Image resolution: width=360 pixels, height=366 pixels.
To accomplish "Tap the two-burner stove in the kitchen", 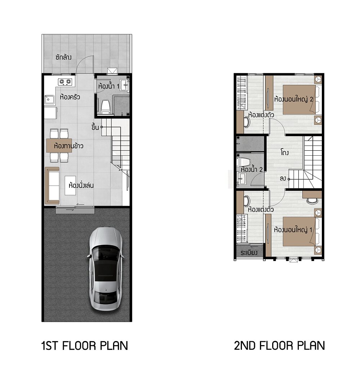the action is [65, 82].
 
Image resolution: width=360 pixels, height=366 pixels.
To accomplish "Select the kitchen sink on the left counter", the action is [49, 100].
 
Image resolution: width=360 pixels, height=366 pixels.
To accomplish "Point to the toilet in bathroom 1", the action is [105, 107].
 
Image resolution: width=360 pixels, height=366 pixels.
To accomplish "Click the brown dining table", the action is [59, 146].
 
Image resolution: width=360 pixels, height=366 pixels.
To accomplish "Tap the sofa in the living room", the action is [52, 186].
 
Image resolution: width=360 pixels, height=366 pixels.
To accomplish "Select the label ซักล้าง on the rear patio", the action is [63, 57].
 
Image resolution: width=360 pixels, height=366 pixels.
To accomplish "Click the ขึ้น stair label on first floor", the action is [95, 127].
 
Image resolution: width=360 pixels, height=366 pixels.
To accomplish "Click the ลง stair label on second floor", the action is [283, 179].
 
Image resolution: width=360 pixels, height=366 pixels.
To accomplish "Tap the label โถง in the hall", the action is [285, 152].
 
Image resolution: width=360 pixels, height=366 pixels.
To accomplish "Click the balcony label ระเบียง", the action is [249, 252].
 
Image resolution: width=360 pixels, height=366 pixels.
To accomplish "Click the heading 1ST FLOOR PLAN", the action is [85, 346].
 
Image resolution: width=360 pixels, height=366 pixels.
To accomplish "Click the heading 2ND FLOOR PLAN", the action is [279, 346].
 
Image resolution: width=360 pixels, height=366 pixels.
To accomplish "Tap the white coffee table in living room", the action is [71, 186].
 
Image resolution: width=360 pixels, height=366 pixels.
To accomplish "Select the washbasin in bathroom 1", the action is [124, 85].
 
